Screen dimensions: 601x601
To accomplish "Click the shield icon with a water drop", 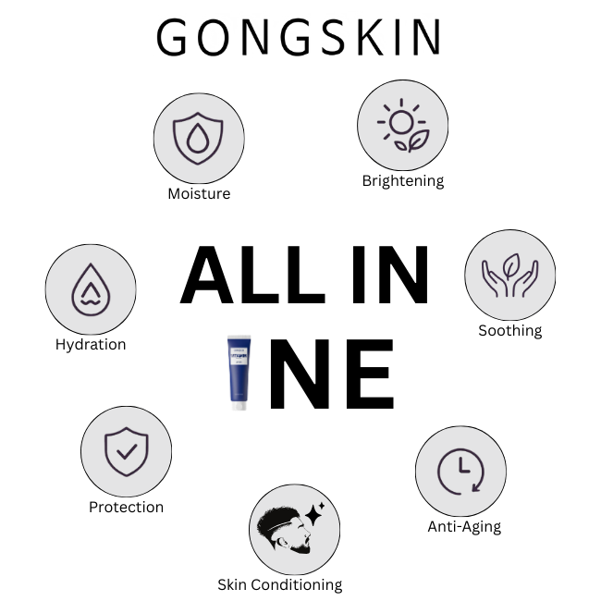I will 199,137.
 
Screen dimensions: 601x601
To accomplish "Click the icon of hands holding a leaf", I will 509,276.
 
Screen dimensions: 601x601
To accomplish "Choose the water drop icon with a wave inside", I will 91,289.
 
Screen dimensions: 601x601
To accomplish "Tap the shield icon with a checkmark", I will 126,452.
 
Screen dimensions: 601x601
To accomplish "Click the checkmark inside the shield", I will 126,452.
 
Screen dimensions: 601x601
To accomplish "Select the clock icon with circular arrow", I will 460,471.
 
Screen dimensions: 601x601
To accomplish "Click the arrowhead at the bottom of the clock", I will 475,486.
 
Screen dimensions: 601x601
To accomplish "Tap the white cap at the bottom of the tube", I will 239,404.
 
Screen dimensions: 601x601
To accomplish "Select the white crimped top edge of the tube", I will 239,337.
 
